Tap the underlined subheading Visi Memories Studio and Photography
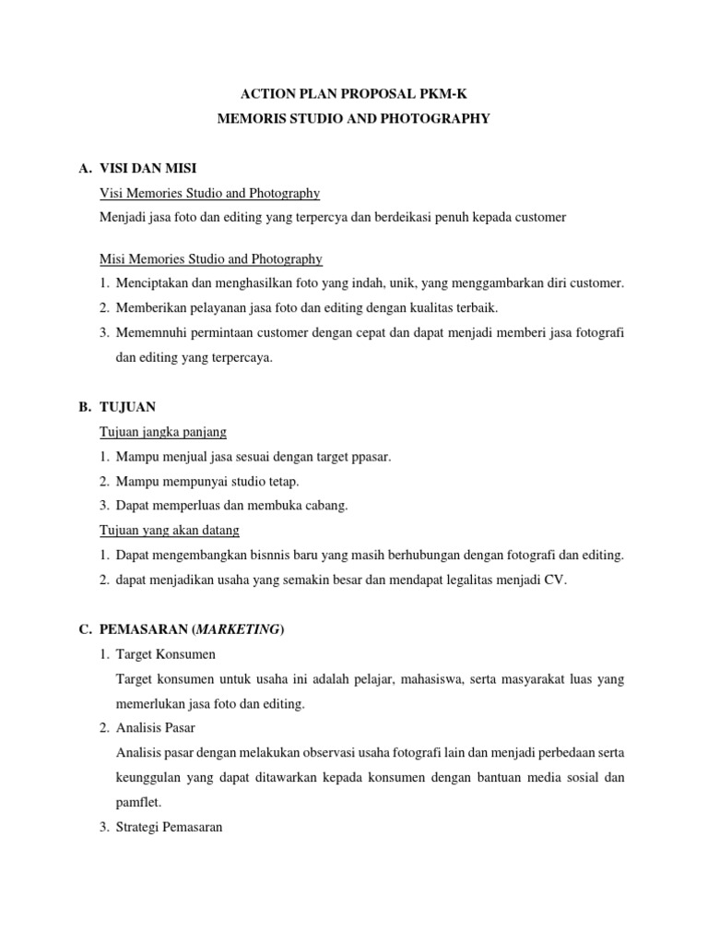[x=209, y=193]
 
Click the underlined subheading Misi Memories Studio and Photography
[x=210, y=258]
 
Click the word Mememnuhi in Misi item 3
[x=147, y=333]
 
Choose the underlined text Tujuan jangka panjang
[x=162, y=432]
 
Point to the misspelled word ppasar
[x=372, y=457]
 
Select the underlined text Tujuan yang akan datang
[x=169, y=531]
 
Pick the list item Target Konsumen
[x=166, y=654]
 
